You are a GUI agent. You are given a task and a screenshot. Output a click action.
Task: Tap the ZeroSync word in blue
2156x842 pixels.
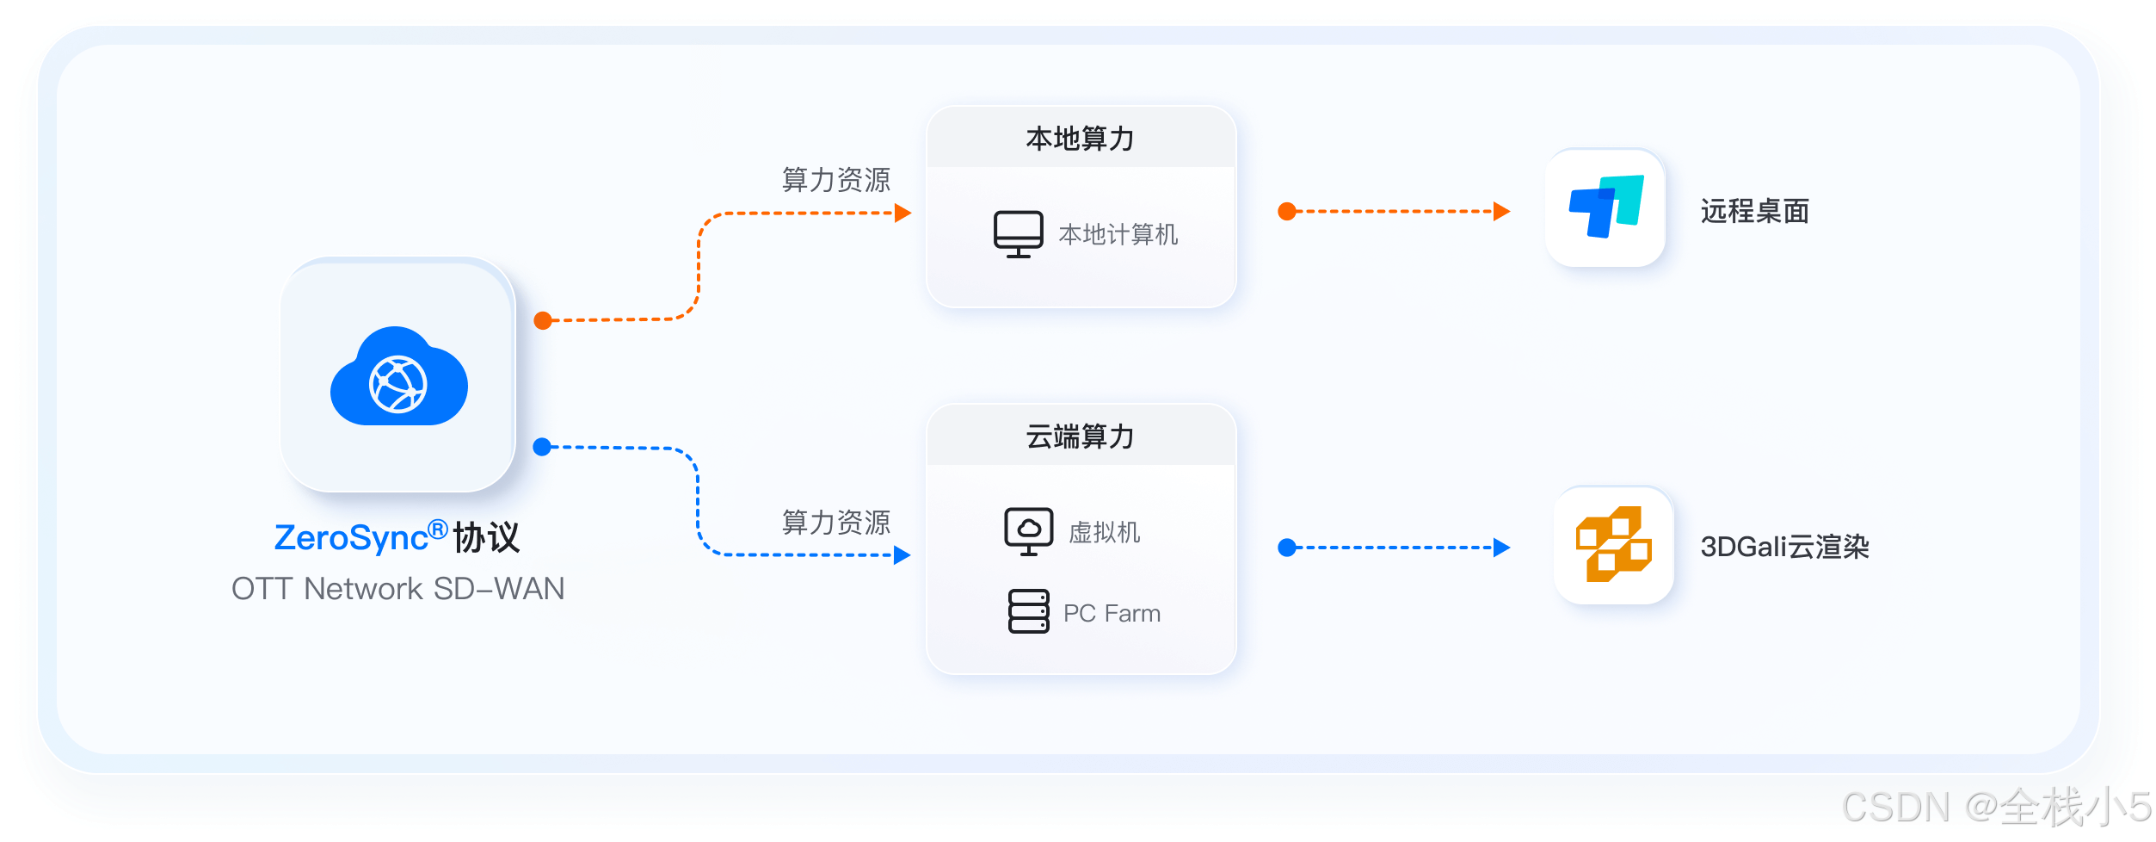pyautogui.click(x=351, y=538)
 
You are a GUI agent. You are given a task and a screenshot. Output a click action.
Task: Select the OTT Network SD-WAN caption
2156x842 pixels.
pyautogui.click(x=397, y=589)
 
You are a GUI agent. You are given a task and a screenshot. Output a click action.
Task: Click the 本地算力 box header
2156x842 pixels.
pyautogui.click(x=1081, y=139)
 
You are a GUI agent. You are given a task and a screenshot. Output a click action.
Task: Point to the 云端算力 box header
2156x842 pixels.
pyautogui.click(x=1081, y=436)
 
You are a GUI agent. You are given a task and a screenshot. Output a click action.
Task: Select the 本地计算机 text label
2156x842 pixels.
pyautogui.click(x=1118, y=234)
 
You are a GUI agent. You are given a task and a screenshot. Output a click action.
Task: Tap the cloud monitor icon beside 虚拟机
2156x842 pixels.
pyautogui.click(x=1028, y=530)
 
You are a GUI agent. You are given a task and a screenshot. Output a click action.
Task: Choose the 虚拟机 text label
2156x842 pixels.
pyautogui.click(x=1105, y=532)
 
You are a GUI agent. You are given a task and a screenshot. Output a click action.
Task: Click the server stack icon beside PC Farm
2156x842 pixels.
pyautogui.click(x=1028, y=611)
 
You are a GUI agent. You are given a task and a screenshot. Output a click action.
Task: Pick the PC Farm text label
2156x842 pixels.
pyautogui.click(x=1112, y=613)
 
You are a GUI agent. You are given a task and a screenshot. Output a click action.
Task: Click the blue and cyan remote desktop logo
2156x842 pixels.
pyautogui.click(x=1605, y=207)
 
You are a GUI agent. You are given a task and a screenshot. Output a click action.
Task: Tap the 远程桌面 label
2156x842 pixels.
pyautogui.click(x=1754, y=211)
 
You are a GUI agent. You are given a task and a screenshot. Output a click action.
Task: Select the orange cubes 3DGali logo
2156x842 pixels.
pyautogui.click(x=1613, y=545)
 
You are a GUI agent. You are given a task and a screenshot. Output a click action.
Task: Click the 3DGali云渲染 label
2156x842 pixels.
pyautogui.click(x=1784, y=547)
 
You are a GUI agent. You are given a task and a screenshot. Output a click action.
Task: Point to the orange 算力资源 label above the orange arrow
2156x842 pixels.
pyautogui.click(x=835, y=180)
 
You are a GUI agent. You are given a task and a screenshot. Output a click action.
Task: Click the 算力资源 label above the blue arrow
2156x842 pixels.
pyautogui.click(x=835, y=522)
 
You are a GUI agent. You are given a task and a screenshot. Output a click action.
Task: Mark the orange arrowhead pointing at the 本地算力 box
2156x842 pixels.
pyautogui.click(x=902, y=213)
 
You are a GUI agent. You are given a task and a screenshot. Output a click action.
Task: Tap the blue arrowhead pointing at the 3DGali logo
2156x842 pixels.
pyautogui.click(x=1502, y=548)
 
